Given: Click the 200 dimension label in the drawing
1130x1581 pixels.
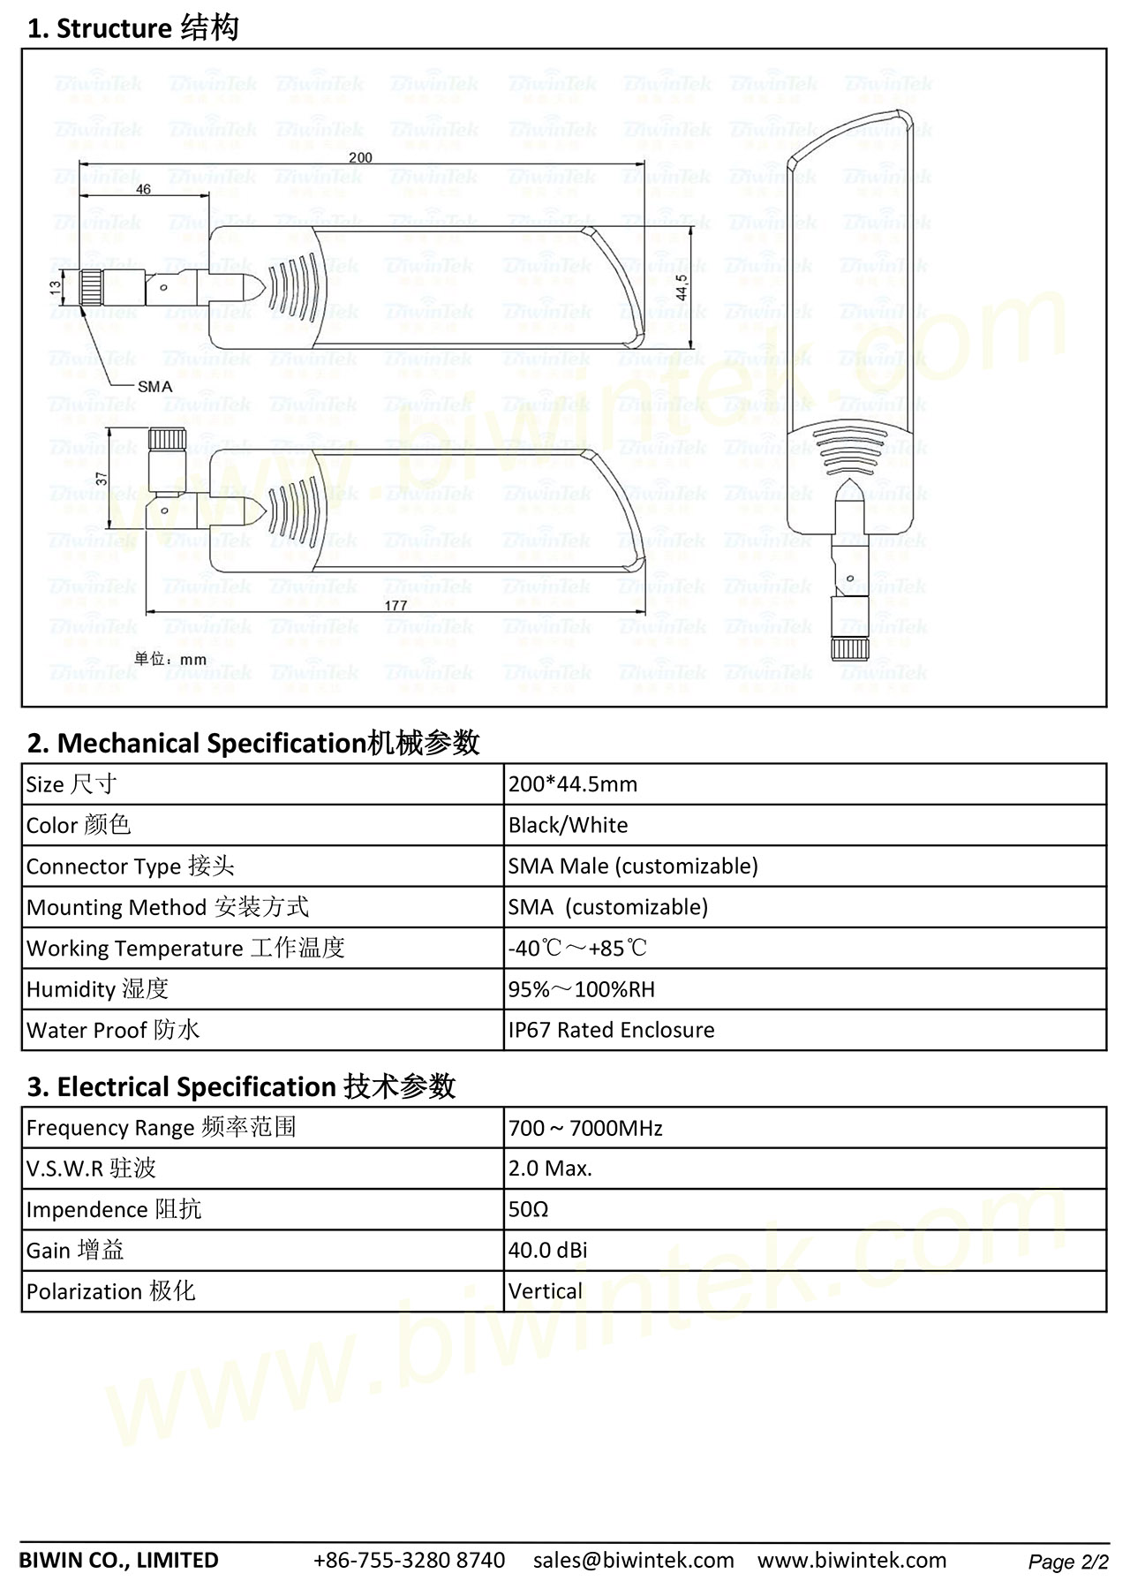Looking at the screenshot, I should point(360,158).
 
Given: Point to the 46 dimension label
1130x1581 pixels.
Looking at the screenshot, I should point(143,189).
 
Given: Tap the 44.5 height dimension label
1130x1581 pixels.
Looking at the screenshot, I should point(680,287).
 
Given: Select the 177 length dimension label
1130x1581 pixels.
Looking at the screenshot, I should point(395,605).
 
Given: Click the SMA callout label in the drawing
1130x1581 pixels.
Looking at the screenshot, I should point(154,386).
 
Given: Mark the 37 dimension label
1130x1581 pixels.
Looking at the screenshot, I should point(102,478).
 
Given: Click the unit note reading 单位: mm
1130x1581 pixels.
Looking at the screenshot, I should point(170,659).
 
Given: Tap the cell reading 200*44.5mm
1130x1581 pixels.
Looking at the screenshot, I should point(573,784).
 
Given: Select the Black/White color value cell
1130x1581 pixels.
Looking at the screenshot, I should point(569,825).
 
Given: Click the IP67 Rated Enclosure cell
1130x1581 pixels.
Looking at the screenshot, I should point(611,1030).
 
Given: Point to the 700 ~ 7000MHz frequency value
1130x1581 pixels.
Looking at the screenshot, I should point(585,1128).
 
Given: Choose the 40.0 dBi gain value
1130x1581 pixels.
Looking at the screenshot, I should point(547,1251).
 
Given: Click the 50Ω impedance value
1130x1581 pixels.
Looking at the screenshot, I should point(528,1209).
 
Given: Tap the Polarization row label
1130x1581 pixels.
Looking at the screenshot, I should point(110,1291).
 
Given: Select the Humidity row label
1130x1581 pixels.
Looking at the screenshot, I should point(97,989).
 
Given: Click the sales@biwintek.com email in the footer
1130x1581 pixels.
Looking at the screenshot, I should point(633,1560).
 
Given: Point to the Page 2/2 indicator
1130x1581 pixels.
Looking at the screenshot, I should point(1067,1562).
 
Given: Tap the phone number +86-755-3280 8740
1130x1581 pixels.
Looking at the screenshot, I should point(410,1560).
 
